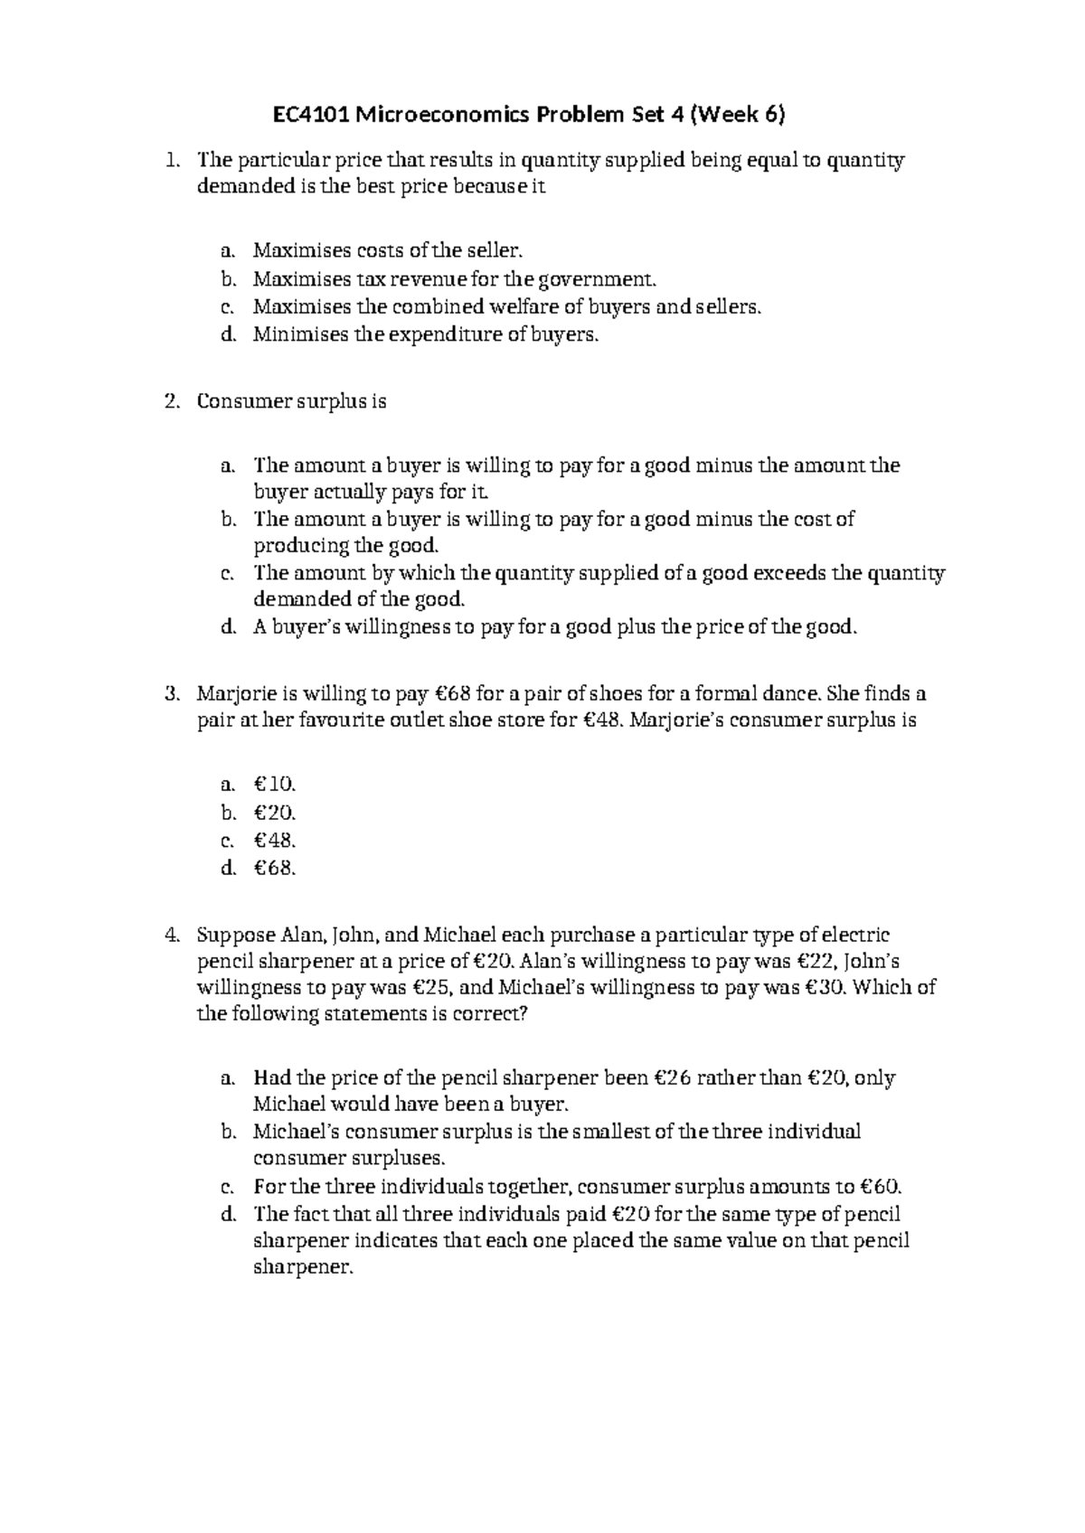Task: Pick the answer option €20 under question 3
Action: pos(275,812)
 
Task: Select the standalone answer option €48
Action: pos(275,840)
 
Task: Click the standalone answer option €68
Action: pos(275,869)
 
